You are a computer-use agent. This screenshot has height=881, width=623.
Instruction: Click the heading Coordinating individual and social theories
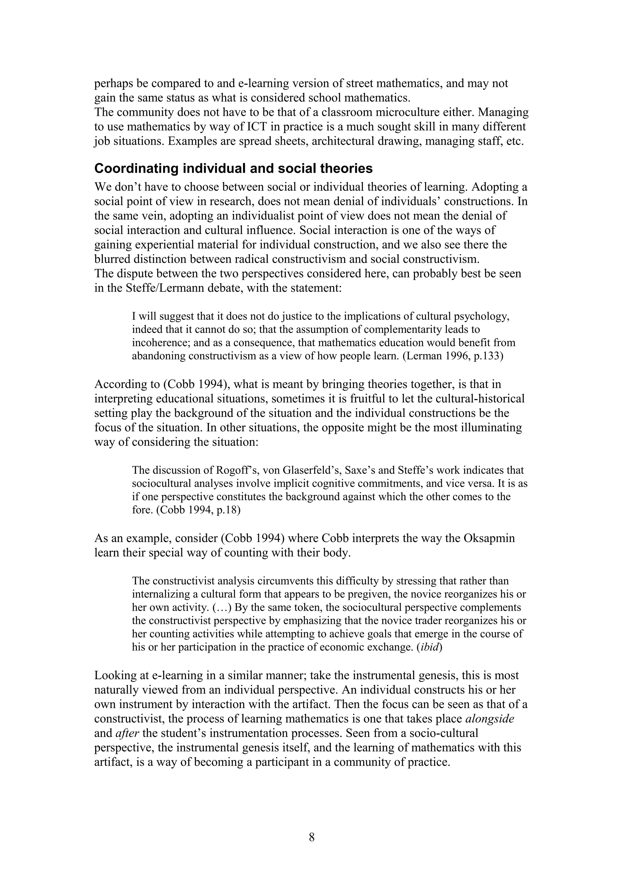[x=233, y=169]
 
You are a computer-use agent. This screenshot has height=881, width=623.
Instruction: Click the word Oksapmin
[x=489, y=538]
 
